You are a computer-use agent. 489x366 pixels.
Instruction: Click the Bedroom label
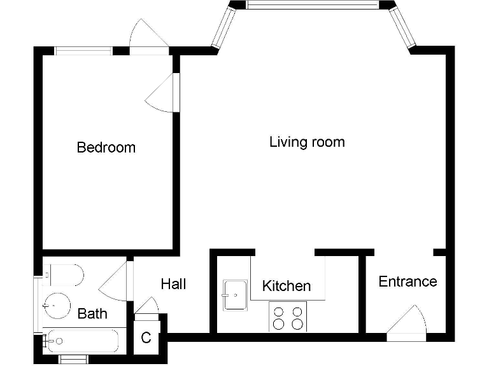point(106,147)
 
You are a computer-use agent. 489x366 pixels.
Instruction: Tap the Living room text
point(307,142)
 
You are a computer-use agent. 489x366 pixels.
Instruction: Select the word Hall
point(173,283)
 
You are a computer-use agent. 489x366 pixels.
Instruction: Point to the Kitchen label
point(287,286)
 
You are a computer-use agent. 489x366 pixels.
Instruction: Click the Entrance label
point(407,281)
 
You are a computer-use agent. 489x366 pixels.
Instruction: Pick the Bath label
point(92,313)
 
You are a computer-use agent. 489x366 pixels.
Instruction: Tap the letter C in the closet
point(146,338)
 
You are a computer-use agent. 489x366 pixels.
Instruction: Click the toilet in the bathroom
point(64,275)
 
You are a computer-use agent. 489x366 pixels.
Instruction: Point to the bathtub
point(81,341)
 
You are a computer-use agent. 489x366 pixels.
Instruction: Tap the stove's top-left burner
point(279,311)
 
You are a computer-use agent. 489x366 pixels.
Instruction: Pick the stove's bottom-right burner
point(297,324)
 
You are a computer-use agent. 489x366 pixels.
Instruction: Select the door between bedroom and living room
point(165,94)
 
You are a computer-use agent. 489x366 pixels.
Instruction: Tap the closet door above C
point(147,306)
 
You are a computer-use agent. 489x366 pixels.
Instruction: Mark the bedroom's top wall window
point(83,51)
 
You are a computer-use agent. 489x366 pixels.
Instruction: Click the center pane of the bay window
point(312,5)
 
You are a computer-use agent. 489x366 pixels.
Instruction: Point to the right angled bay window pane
point(403,27)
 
